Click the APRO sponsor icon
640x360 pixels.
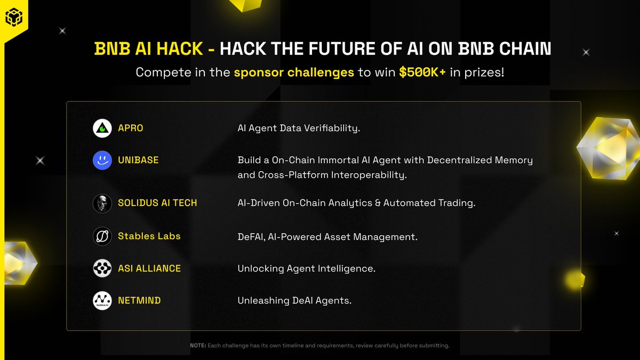click(102, 129)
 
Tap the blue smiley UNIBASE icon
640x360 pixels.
click(102, 160)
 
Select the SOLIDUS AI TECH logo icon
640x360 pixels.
click(102, 203)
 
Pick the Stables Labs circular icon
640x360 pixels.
click(102, 236)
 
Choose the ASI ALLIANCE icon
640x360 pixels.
click(102, 268)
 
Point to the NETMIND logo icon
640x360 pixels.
click(102, 301)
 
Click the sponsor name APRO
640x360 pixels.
click(131, 129)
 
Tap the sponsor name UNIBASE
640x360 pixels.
click(138, 160)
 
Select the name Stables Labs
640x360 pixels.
click(149, 236)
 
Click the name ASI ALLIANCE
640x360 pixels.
click(149, 268)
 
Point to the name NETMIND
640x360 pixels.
click(139, 301)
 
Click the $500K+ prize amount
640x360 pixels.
click(422, 72)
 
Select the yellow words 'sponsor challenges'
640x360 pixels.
click(294, 72)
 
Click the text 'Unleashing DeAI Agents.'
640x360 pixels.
click(294, 301)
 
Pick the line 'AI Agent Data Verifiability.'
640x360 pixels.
click(299, 129)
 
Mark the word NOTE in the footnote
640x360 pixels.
click(198, 346)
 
